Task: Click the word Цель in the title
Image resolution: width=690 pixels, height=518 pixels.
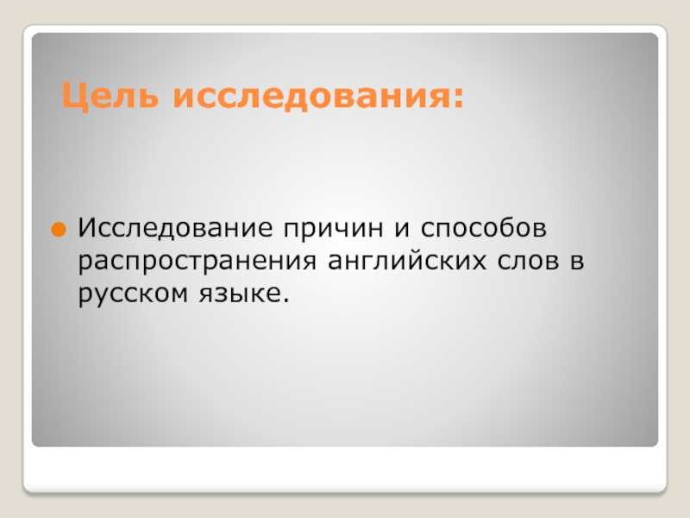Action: click(x=110, y=96)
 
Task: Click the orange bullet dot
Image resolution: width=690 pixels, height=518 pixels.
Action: click(x=59, y=230)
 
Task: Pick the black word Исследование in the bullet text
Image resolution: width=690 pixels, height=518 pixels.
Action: click(x=175, y=228)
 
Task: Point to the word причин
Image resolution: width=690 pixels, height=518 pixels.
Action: click(x=333, y=230)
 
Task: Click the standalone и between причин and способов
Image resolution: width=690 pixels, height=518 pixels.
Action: click(x=402, y=230)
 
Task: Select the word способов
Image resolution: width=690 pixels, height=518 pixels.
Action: click(x=484, y=228)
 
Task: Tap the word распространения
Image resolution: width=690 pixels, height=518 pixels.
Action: click(x=198, y=262)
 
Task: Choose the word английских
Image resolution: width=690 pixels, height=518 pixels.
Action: click(x=407, y=261)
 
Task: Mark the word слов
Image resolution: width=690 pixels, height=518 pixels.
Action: click(x=529, y=262)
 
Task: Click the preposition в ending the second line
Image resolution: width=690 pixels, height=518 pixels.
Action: click(x=577, y=262)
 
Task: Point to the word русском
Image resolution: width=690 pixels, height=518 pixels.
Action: click(x=133, y=295)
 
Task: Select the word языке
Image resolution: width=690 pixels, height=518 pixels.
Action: click(x=240, y=294)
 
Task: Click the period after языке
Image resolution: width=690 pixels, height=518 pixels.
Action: click(x=286, y=300)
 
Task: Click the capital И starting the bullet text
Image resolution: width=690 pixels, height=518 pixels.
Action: click(x=88, y=228)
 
